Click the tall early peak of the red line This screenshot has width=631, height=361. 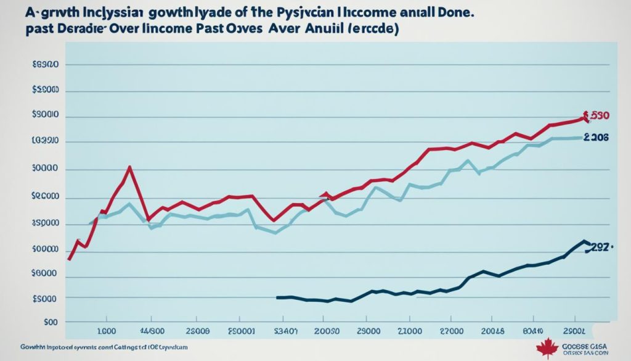[x=129, y=167]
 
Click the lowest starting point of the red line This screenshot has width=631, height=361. [x=68, y=259]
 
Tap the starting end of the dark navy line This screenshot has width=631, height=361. [x=279, y=297]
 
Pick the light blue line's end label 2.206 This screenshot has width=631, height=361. [x=596, y=138]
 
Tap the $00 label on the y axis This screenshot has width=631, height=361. [x=51, y=322]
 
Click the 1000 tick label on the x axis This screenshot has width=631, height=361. [x=107, y=331]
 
